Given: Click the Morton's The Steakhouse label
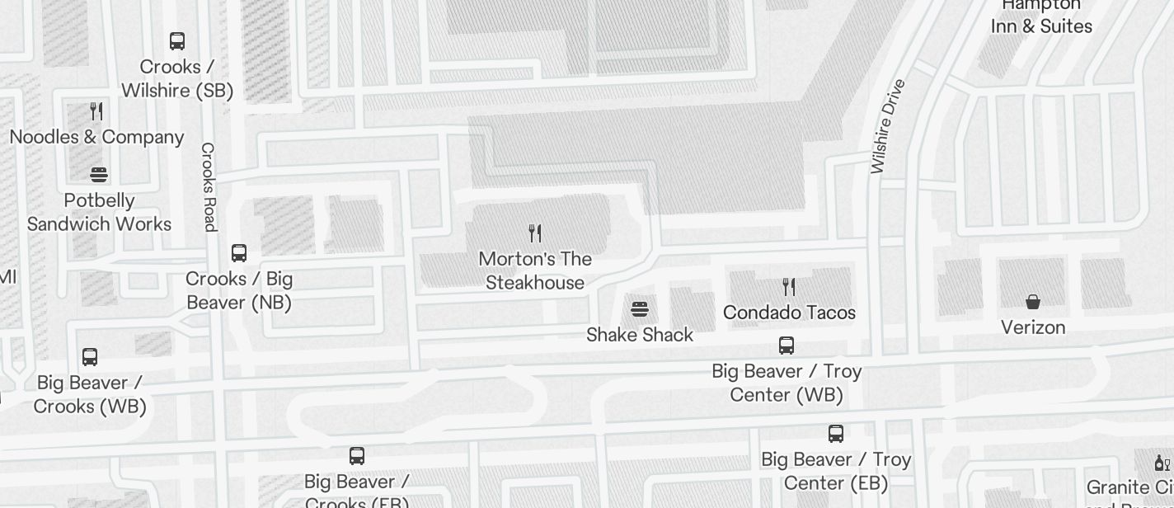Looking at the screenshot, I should pos(535,270).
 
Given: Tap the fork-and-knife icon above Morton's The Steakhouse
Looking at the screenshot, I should pos(535,233).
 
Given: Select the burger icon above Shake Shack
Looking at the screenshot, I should pos(640,309).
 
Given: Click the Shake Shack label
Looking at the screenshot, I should pos(640,335).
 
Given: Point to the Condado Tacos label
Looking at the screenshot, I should pos(789,313).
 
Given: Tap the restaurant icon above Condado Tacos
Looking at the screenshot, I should pos(789,287).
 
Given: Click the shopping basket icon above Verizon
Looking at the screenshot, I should pos(1033,302).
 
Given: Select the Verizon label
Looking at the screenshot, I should pos(1033,327).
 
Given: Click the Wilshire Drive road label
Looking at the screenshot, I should pos(888,126).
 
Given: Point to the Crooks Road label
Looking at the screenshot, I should pos(209,186).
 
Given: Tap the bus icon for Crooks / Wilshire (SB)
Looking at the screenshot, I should pos(177,40).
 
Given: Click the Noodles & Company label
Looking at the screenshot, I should pos(96,137).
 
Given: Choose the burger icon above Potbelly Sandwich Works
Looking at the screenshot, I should pos(99,174).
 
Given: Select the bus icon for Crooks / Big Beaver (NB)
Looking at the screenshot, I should pos(239,252).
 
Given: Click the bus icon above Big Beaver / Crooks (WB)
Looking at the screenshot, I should pos(90,357).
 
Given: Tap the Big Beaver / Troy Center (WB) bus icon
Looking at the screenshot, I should pos(787,346).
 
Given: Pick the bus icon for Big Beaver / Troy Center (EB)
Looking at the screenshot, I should pos(836,434).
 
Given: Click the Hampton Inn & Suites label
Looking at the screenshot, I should pos(1041,16).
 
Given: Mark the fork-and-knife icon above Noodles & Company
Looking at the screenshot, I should pos(96,111).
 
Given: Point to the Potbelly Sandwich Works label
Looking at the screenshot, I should pos(99,212).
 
